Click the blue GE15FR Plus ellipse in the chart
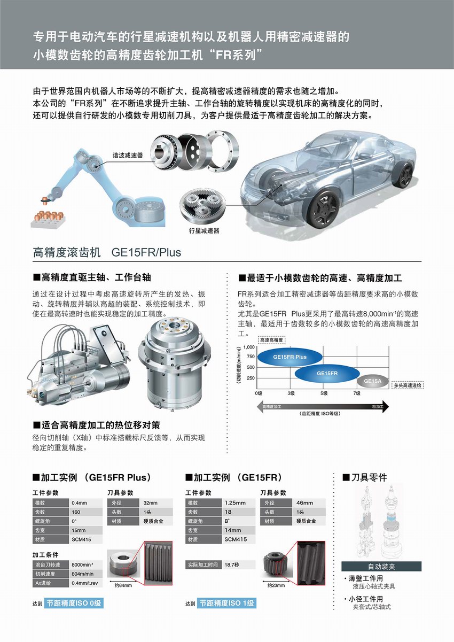(290, 357)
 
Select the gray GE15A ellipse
(373, 381)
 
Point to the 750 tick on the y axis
(251, 357)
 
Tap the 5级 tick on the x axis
(324, 393)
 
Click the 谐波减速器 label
(128, 156)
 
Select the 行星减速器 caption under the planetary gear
(204, 231)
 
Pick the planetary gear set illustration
(202, 205)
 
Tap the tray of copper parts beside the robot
(48, 219)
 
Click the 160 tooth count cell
(86, 512)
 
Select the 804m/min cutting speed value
(86, 574)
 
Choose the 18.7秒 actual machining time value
(239, 564)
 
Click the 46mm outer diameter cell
(310, 502)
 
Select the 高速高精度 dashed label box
(271, 340)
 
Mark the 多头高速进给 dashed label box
(407, 385)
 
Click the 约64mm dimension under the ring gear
(123, 585)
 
